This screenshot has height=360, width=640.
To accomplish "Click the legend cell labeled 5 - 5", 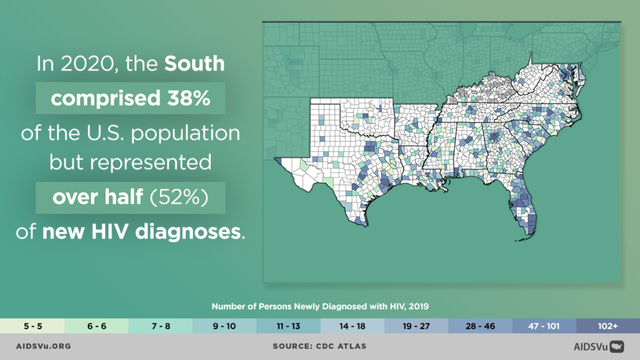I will tap(32, 326).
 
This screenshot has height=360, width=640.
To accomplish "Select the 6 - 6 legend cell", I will tap(96, 326).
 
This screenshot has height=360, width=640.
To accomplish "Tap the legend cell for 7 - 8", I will tap(160, 326).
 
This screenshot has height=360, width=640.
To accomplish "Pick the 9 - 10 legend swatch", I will tap(224, 326).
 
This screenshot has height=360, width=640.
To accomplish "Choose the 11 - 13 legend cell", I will tap(287, 326).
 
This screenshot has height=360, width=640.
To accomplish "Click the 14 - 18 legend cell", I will tap(352, 326).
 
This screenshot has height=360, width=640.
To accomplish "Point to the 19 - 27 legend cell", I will tap(416, 326).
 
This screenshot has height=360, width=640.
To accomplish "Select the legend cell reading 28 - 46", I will tap(480, 326).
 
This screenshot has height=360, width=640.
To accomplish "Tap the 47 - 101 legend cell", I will tap(544, 326).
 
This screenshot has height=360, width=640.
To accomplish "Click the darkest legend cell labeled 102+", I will tap(607, 326).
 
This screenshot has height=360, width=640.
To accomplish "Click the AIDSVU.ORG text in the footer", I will tap(43, 346).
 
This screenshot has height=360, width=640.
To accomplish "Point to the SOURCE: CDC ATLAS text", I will tap(319, 346).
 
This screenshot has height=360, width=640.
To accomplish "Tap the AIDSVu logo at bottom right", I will tap(599, 346).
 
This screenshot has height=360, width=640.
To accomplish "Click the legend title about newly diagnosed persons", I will tap(319, 307).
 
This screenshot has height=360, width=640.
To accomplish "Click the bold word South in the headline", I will tap(194, 64).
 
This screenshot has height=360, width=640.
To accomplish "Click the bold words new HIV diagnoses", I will tap(141, 232).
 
